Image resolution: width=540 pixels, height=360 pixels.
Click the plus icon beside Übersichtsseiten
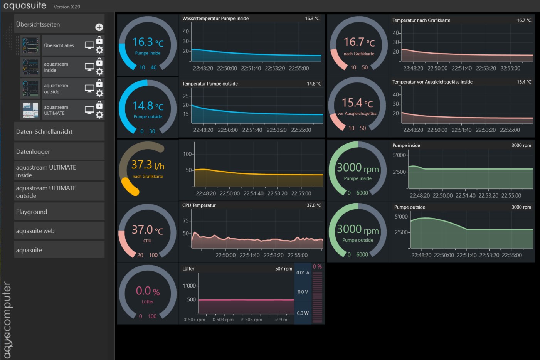tap(99, 27)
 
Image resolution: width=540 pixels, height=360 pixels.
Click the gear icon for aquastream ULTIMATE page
tap(99, 115)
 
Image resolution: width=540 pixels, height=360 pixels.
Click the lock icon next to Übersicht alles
tap(99, 40)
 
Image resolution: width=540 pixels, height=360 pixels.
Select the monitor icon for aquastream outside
tap(89, 89)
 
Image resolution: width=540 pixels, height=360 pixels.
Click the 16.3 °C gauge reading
tap(148, 42)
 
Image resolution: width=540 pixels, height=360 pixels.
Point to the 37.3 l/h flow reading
tap(148, 165)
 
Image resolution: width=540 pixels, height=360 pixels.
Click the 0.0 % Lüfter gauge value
tap(148, 291)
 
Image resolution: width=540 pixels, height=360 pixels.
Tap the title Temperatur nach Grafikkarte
tap(421, 20)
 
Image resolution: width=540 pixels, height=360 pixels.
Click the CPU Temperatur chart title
tap(199, 205)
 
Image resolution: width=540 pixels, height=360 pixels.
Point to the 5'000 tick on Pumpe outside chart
tap(401, 217)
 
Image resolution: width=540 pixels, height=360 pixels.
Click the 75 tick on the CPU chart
tap(186, 220)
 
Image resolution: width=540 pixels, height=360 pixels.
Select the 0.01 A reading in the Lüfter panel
tap(303, 273)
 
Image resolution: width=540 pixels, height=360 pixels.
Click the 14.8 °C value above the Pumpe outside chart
tap(314, 84)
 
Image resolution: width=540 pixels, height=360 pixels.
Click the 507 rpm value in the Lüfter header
tap(284, 269)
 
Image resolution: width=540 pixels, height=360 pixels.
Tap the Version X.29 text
tap(67, 7)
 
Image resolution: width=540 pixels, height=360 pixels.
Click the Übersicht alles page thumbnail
tap(30, 45)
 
